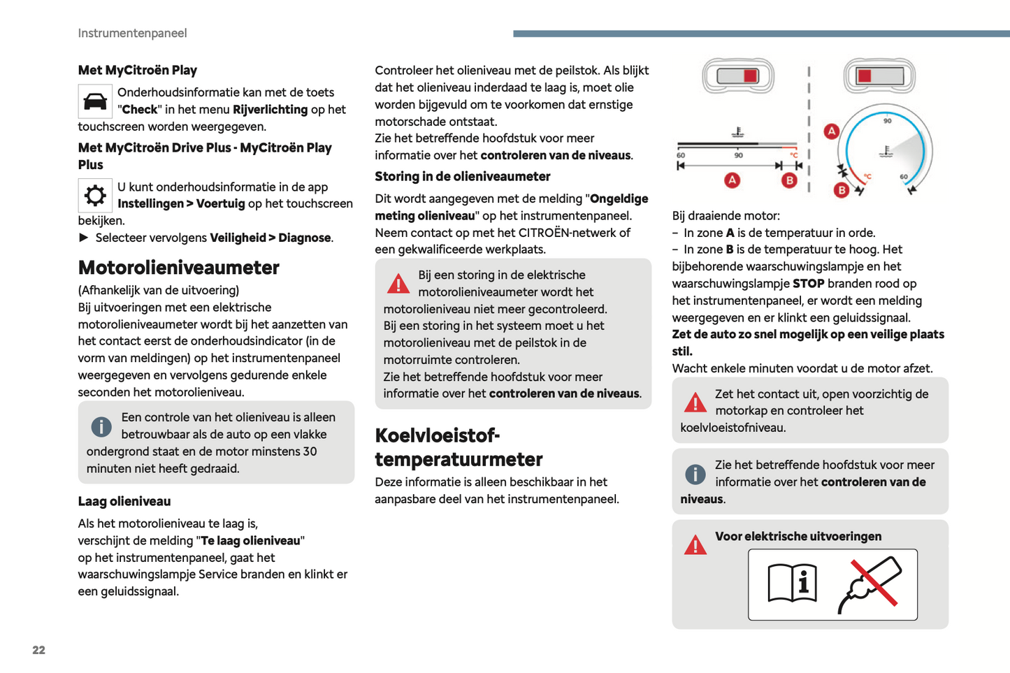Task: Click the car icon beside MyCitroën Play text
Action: (95, 102)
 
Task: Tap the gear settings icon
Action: (95, 196)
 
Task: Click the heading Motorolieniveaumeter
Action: (178, 268)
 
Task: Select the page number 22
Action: (38, 650)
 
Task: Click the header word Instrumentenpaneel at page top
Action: (132, 33)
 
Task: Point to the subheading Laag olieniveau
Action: (124, 501)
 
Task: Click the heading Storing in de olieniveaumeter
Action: (462, 176)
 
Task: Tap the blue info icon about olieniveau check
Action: (101, 426)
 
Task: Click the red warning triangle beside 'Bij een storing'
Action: (398, 284)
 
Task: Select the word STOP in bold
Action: (808, 284)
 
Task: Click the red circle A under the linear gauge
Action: (732, 180)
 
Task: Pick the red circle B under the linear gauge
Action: (789, 180)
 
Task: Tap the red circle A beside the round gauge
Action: (831, 131)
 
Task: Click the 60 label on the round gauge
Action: (904, 177)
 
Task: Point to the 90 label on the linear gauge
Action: (738, 155)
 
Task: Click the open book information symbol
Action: (792, 583)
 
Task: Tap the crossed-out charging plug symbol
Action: (870, 584)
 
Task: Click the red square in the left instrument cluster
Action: (750, 75)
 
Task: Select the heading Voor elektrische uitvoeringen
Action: (798, 536)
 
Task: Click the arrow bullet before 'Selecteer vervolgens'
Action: (84, 238)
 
